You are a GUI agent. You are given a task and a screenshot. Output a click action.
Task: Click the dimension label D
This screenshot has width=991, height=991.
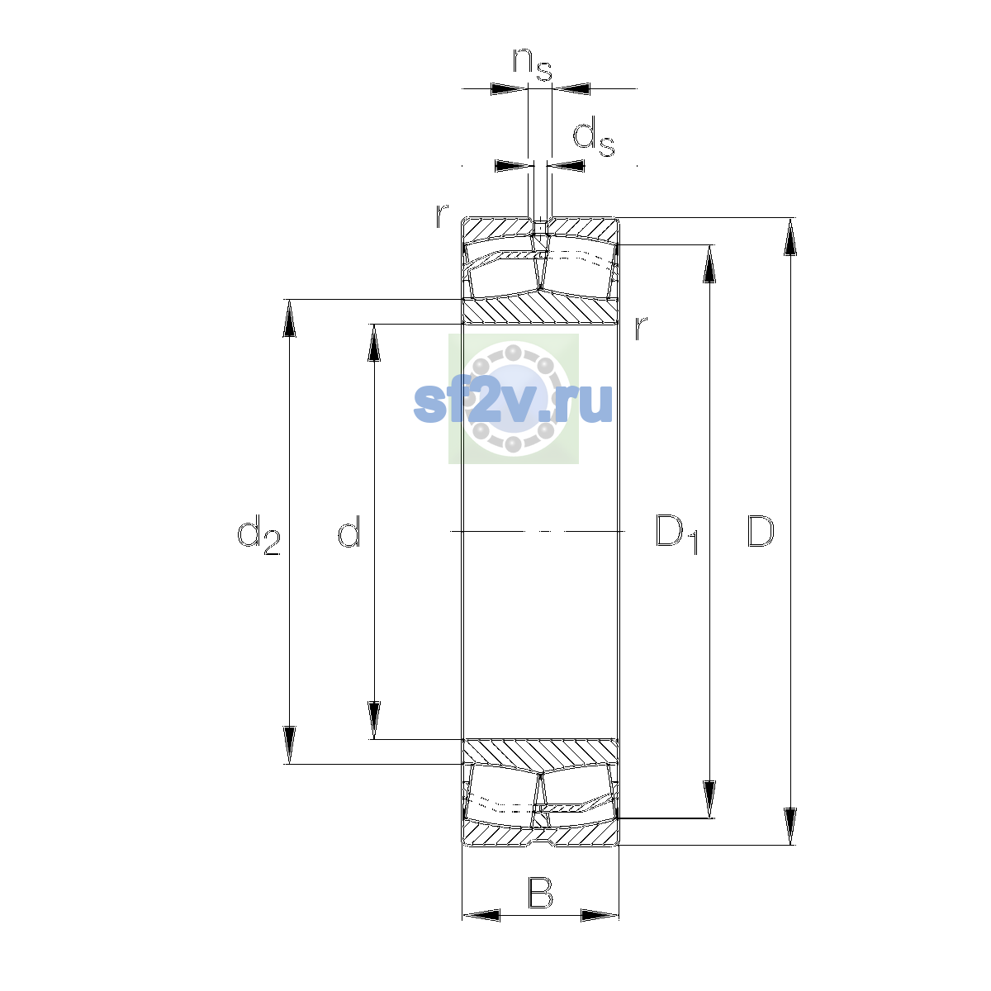coord(760,531)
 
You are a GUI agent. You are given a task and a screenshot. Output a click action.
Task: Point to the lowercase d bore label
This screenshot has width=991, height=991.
coord(349,530)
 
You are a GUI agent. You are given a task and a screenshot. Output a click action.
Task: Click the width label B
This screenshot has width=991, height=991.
coord(540,894)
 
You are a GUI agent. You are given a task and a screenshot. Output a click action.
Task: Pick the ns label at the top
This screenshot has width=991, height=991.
coord(533,64)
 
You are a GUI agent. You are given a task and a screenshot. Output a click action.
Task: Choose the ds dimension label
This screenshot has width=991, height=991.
coord(594,136)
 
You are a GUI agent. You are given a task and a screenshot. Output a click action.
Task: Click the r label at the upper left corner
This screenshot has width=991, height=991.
coord(442,216)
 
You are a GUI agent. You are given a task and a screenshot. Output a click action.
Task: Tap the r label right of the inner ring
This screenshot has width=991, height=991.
coord(640,328)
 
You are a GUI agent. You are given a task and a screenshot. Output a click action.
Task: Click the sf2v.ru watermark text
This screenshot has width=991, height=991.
coord(513,403)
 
